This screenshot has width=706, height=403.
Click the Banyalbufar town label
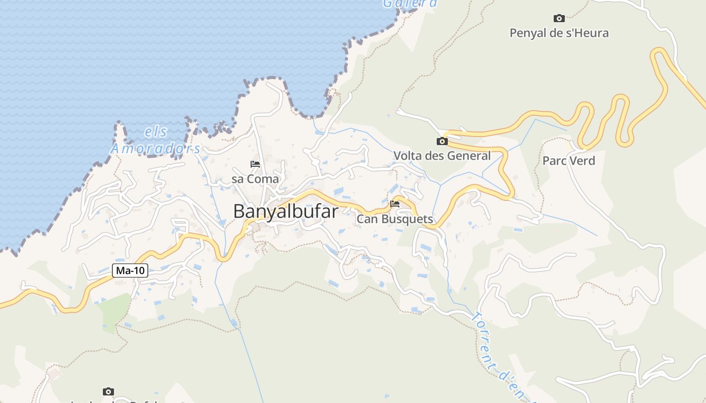tap(285, 212)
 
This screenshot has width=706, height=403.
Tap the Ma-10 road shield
tap(130, 271)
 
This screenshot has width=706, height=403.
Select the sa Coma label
tap(255, 179)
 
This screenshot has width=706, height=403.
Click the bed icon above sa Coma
tap(255, 164)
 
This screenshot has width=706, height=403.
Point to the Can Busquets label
tap(395, 219)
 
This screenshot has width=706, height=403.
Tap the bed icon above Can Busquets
tap(395, 204)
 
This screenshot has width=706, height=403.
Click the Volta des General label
tap(442, 156)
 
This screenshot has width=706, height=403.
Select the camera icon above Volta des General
tap(442, 141)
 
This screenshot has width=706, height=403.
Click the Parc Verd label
tap(569, 161)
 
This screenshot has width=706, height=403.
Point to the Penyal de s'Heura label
tap(559, 33)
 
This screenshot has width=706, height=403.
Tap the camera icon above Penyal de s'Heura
tap(559, 19)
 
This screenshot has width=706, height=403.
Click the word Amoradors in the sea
tap(156, 149)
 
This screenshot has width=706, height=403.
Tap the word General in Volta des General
tap(471, 156)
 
